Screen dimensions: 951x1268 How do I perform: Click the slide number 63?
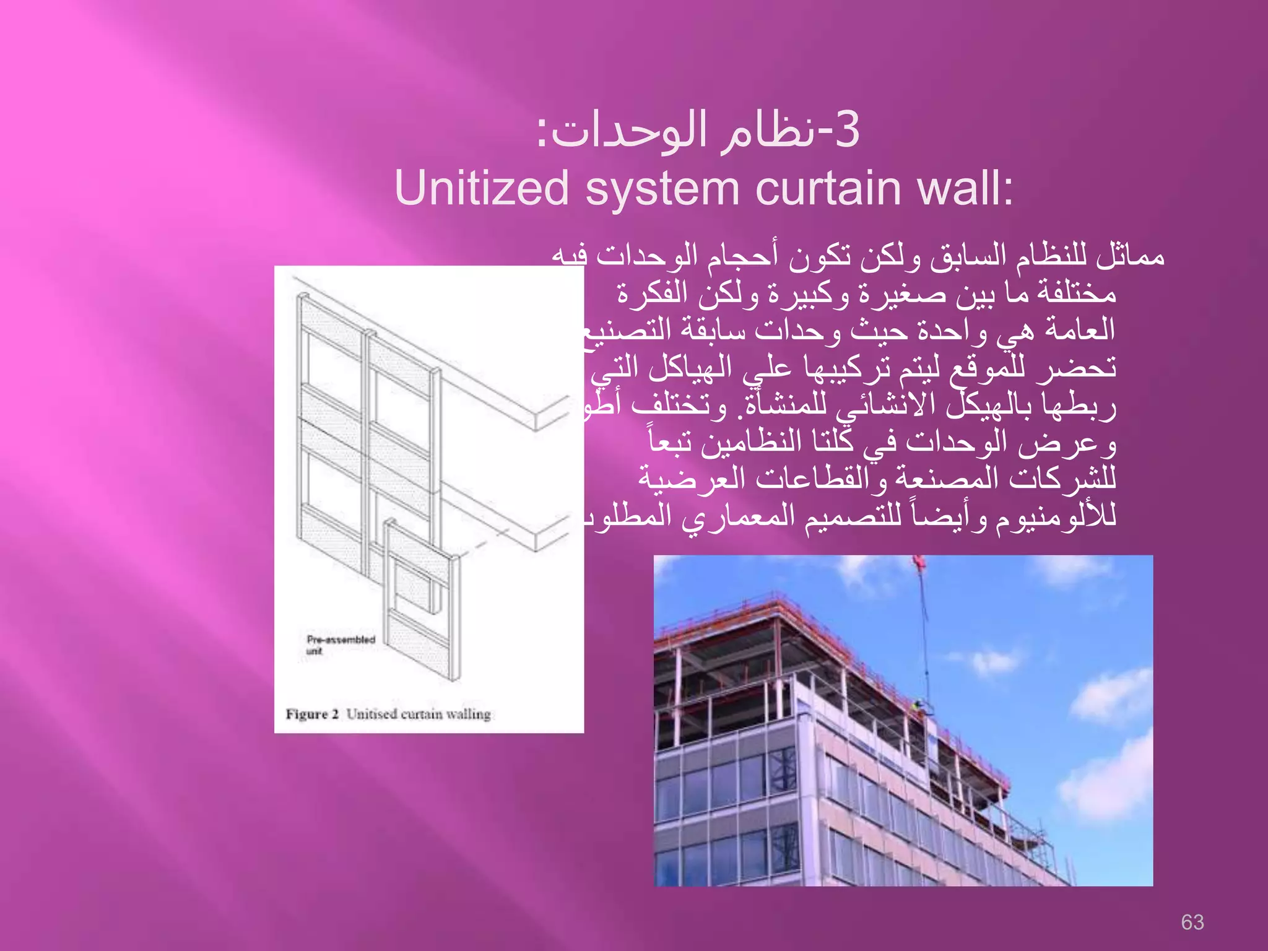click(x=1192, y=922)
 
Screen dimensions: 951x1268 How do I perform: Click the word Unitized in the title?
click(x=482, y=188)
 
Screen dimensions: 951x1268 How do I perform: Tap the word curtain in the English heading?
click(x=829, y=188)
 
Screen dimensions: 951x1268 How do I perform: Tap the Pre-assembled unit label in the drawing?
click(x=341, y=644)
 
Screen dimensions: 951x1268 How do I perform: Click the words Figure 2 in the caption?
click(x=312, y=714)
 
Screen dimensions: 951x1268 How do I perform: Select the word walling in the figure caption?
click(x=468, y=714)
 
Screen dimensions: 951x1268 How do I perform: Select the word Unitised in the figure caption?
click(x=371, y=714)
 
